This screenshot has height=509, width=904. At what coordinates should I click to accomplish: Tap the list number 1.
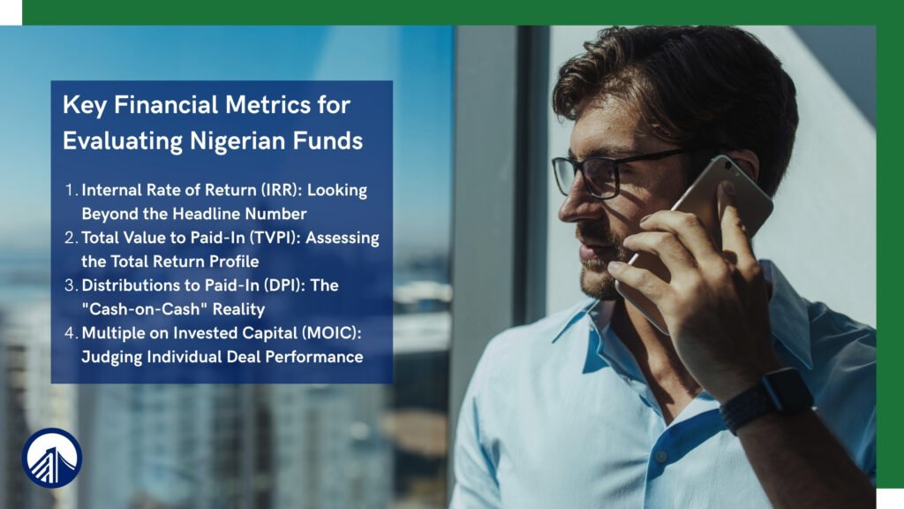pyautogui.click(x=71, y=191)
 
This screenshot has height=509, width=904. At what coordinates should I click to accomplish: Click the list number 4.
pyautogui.click(x=71, y=333)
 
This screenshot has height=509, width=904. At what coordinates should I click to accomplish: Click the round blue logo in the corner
pyautogui.click(x=52, y=459)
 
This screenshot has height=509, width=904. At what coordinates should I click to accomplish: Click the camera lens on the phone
pyautogui.click(x=728, y=167)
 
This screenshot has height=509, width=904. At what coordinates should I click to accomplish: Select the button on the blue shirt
pyautogui.click(x=661, y=456)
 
